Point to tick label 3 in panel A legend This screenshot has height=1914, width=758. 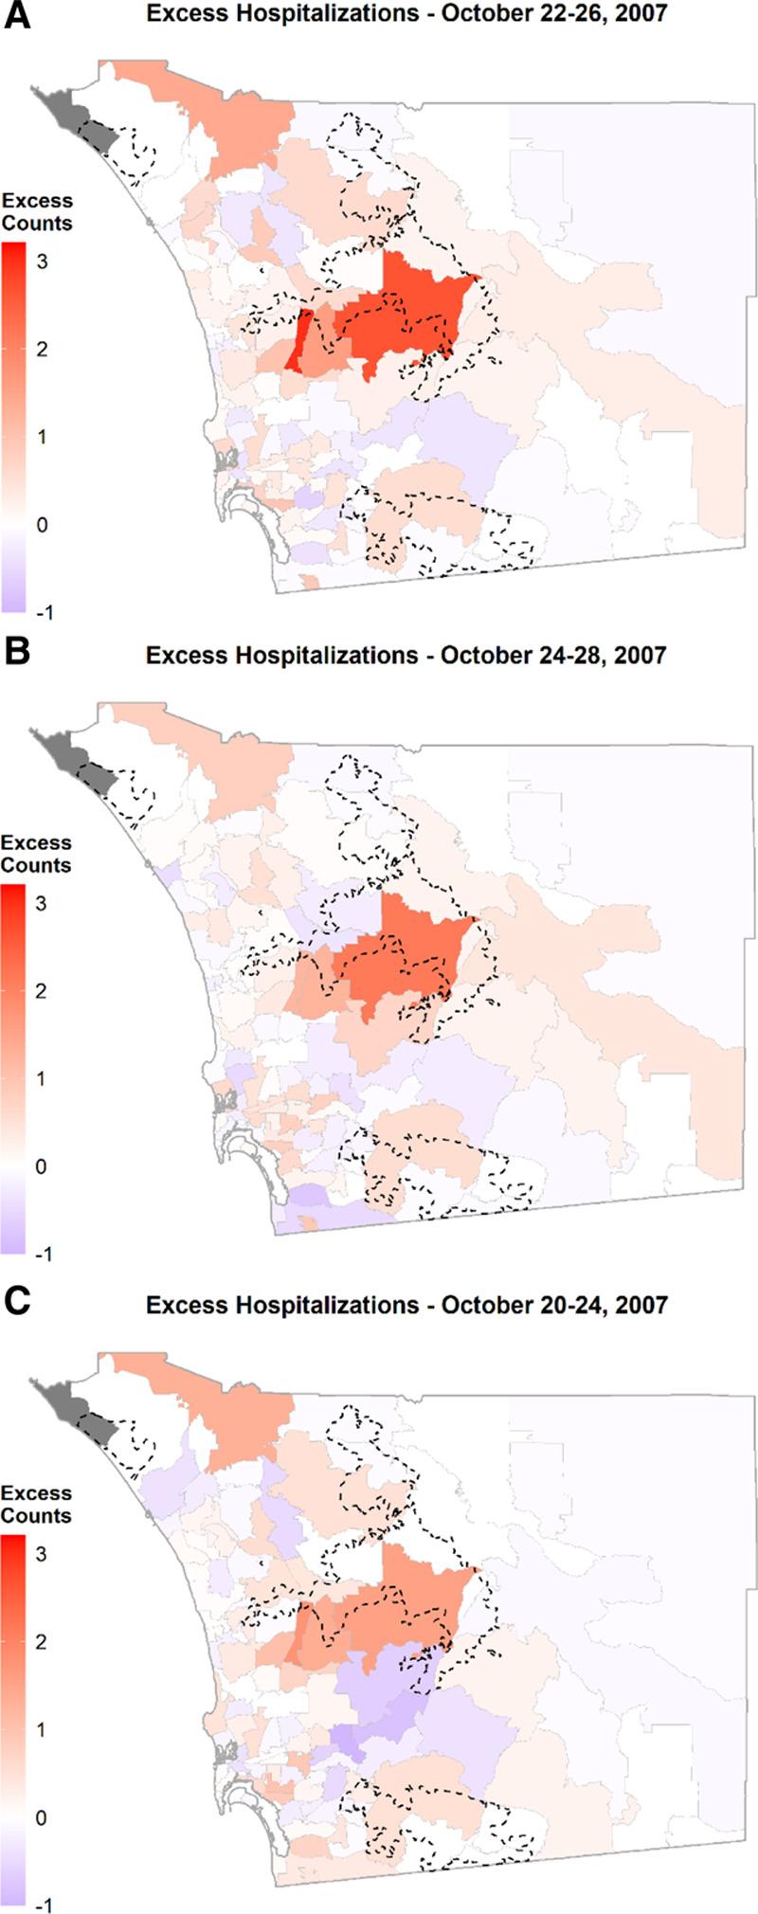[42, 262]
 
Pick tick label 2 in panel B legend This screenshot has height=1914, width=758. [42, 991]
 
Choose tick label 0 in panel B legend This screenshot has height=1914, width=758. [42, 1166]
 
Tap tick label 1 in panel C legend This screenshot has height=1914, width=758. [42, 1729]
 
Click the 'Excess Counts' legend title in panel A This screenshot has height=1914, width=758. [36, 212]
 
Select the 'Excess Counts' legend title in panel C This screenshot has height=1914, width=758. [36, 1505]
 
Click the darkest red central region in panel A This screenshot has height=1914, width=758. [407, 313]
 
